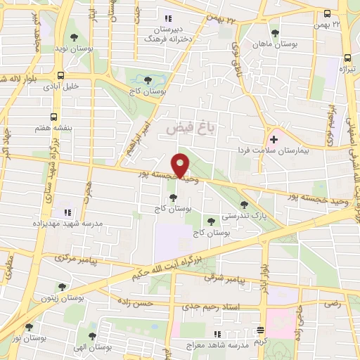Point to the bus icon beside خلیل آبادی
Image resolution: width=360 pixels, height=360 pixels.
tap(61, 76)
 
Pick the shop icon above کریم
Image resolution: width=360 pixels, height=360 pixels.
tap(262, 330)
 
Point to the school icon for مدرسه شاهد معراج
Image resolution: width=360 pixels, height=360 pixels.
tap(217, 334)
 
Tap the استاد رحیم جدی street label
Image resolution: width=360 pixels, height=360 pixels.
tap(226, 307)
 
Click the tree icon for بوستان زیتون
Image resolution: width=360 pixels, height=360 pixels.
tap(63, 287)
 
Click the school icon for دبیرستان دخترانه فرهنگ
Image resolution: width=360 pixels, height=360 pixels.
tap(167, 19)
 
